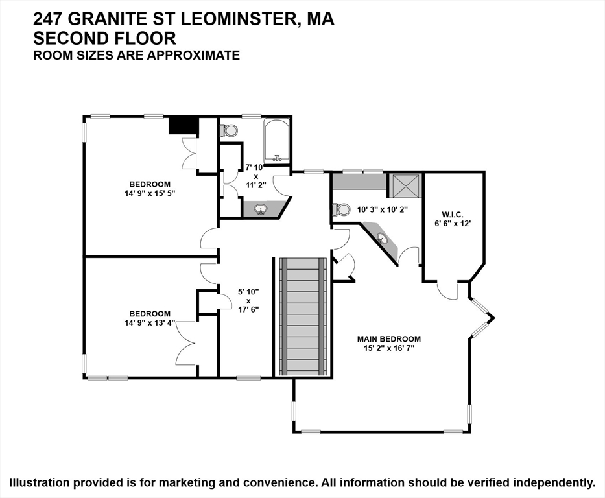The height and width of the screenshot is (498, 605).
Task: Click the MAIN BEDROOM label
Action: pyautogui.click(x=388, y=339)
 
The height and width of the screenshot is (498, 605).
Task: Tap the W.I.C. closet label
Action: pyautogui.click(x=452, y=215)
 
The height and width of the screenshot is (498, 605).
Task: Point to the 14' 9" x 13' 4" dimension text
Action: pyautogui.click(x=150, y=322)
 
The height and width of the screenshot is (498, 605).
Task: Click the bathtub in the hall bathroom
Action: pyautogui.click(x=277, y=141)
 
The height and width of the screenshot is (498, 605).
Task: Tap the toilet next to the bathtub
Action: pyautogui.click(x=228, y=130)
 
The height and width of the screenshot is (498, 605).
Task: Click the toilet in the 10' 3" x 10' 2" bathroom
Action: pyautogui.click(x=340, y=209)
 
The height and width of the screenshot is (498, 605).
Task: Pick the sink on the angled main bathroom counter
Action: pyautogui.click(x=383, y=239)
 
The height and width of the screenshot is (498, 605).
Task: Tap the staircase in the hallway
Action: pyautogui.click(x=303, y=316)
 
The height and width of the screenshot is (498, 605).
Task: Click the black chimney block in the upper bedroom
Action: pyautogui.click(x=184, y=126)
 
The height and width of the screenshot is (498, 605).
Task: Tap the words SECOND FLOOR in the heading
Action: pyautogui.click(x=104, y=38)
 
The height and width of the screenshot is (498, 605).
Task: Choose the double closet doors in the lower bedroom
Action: pyautogui.click(x=187, y=343)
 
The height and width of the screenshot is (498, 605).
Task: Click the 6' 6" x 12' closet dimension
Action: pyautogui.click(x=452, y=223)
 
